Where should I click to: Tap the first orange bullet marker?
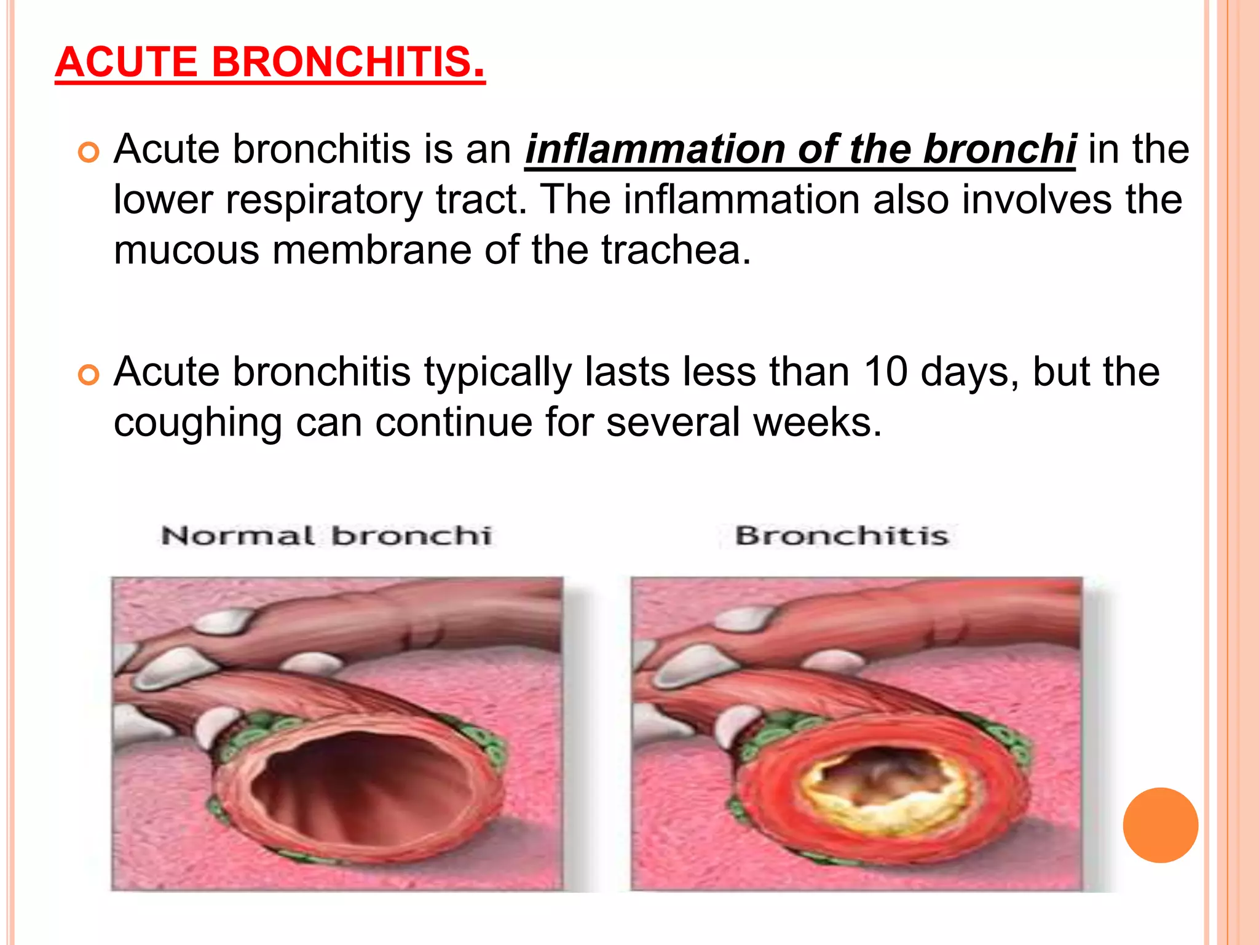click(89, 152)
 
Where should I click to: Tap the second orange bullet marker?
click(89, 375)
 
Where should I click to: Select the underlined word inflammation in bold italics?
click(655, 150)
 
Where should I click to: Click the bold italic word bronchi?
click(1000, 150)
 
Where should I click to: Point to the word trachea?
click(676, 250)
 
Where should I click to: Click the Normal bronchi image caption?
click(326, 536)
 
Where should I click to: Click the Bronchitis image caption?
click(842, 536)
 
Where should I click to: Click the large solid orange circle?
click(1160, 825)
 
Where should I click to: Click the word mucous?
click(186, 250)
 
